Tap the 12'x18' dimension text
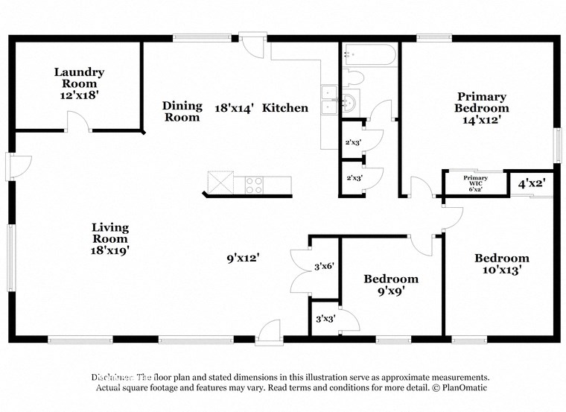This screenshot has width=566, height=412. click(78, 96)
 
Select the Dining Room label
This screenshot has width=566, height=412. click(182, 112)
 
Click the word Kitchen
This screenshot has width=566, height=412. click(285, 108)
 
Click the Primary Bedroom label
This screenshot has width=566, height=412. click(482, 102)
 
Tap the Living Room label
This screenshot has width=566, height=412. click(110, 233)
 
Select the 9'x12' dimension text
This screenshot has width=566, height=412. click(244, 258)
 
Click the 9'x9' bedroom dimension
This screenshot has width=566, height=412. click(390, 292)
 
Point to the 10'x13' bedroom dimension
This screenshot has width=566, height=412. click(502, 270)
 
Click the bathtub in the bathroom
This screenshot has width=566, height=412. click(369, 55)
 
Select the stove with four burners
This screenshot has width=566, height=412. click(254, 183)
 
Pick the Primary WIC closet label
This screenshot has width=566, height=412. click(475, 183)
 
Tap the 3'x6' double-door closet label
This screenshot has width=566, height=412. click(323, 266)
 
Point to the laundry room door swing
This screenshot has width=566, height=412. click(78, 119)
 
